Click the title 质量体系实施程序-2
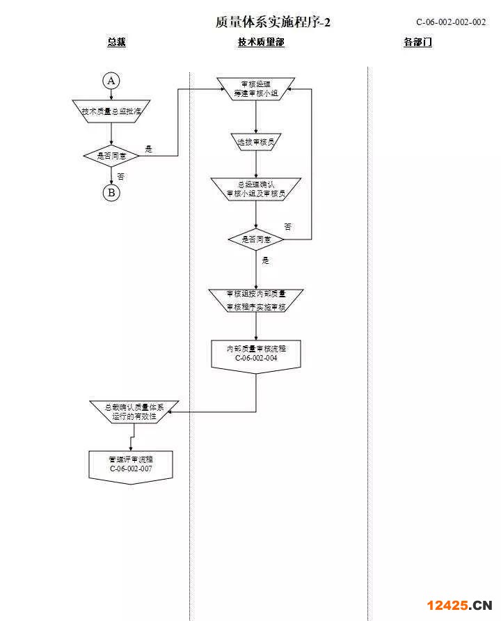pyautogui.click(x=273, y=22)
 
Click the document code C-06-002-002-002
pyautogui.click(x=451, y=22)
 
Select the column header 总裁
pyautogui.click(x=116, y=42)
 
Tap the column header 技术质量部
pyautogui.click(x=261, y=42)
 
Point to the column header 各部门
pyautogui.click(x=417, y=42)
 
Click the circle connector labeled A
pyautogui.click(x=111, y=81)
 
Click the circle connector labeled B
pyautogui.click(x=111, y=193)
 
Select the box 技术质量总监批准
pyautogui.click(x=111, y=111)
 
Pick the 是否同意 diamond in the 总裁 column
pyautogui.click(x=111, y=156)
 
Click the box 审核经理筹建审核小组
pyautogui.click(x=256, y=88)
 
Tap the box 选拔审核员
pyautogui.click(x=256, y=142)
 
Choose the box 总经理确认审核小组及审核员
pyautogui.click(x=256, y=189)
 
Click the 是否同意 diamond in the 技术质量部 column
pyautogui.click(x=256, y=239)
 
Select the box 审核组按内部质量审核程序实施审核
pyautogui.click(x=256, y=300)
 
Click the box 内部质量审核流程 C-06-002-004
pyautogui.click(x=256, y=354)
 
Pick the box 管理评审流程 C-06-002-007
pyautogui.click(x=131, y=465)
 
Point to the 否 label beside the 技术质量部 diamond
pyautogui.click(x=288, y=227)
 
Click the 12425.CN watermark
pyautogui.click(x=459, y=604)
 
